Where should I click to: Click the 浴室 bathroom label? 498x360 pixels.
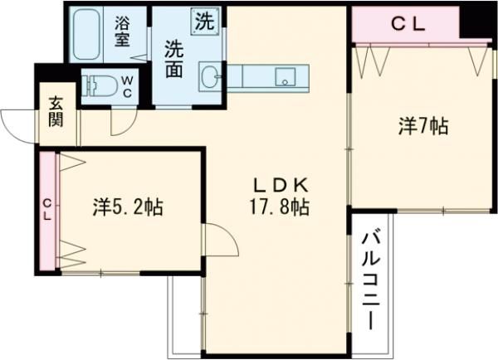(x=122, y=32)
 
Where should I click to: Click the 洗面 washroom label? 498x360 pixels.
(x=173, y=59)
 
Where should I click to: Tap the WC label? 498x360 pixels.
(x=128, y=85)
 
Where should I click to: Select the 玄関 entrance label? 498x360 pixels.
(x=55, y=114)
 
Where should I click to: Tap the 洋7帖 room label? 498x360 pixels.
(x=423, y=126)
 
